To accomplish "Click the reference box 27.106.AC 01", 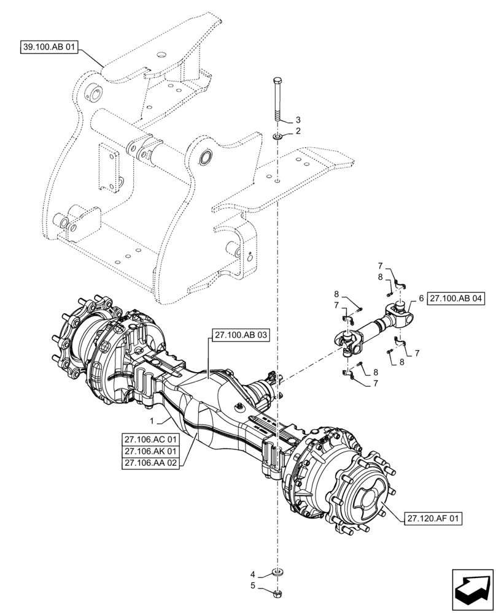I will (150, 440).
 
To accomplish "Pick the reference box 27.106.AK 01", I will (150, 452).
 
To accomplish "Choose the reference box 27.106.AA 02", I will (150, 464).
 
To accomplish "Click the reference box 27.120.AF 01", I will (433, 519).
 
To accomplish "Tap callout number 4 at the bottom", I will (252, 574).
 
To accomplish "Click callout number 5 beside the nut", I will (252, 586).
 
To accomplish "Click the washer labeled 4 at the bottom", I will (278, 574).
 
